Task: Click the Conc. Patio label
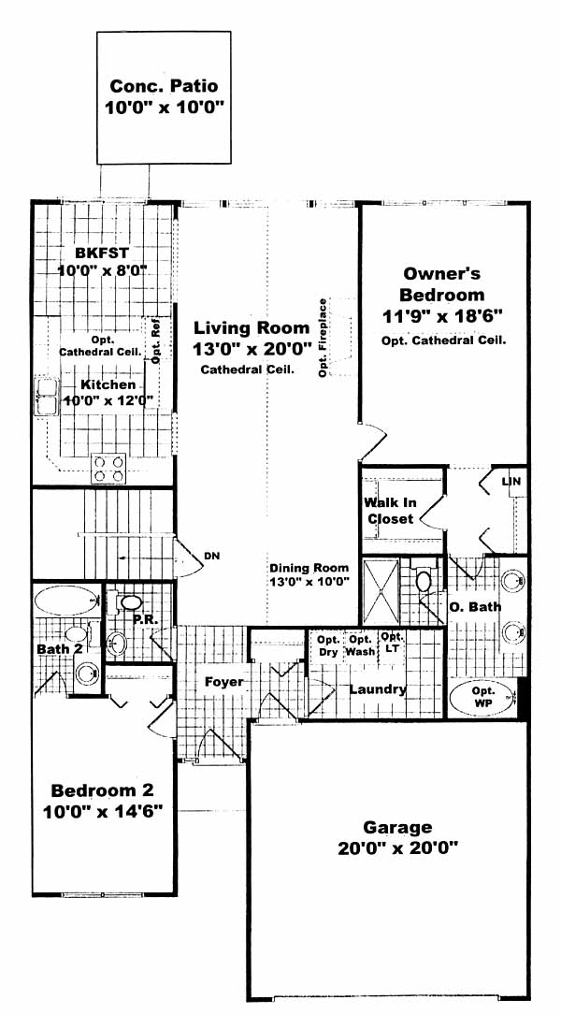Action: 164,85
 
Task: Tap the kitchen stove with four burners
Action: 108,468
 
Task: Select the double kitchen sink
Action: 47,397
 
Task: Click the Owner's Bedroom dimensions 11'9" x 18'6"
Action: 442,316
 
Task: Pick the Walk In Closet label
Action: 391,510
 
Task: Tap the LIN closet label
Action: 511,482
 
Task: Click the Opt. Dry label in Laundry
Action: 328,646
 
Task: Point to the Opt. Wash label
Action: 360,645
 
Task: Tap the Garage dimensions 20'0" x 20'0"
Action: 397,848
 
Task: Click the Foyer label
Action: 224,682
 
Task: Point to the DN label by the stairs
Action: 211,556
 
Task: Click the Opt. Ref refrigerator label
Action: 156,340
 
